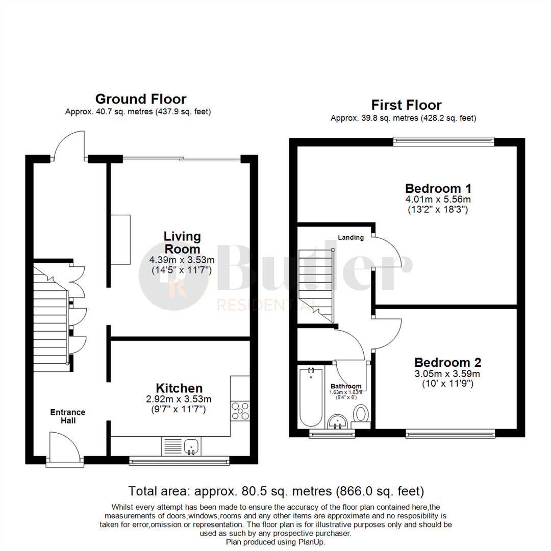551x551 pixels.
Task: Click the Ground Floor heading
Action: point(141,98)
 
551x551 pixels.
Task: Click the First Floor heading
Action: point(406,105)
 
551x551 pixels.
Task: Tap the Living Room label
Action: point(182,243)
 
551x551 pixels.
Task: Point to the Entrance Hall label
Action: point(67,416)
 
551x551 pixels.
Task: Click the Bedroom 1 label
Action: point(438,188)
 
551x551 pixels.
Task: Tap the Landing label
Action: point(350,237)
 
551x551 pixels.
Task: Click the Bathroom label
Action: point(346,386)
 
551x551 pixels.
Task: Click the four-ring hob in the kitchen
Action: point(240,411)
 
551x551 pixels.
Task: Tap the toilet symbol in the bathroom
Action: point(362,415)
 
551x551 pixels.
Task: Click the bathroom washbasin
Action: point(337,421)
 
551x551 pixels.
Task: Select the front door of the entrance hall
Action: point(65,448)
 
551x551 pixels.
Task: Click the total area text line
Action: point(276,491)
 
